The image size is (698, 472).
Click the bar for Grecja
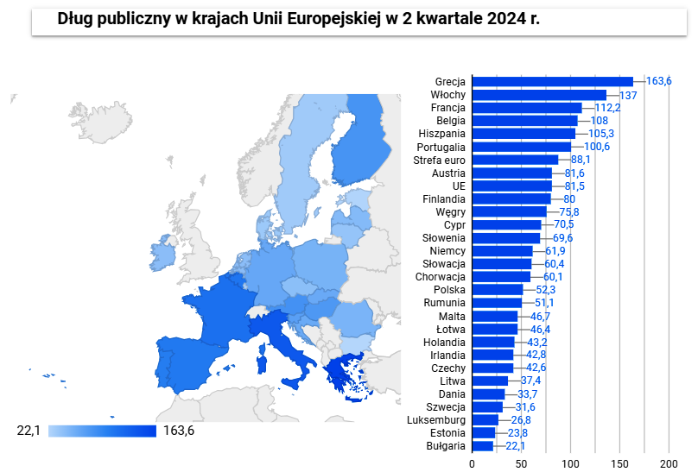pyautogui.click(x=553, y=81)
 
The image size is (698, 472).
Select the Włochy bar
pyautogui.click(x=540, y=94)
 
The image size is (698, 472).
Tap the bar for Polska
pyautogui.click(x=498, y=289)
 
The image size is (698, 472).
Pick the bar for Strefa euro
pyautogui.click(x=516, y=160)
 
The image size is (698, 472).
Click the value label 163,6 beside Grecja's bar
pyautogui.click(x=658, y=81)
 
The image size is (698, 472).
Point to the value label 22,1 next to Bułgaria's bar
pyautogui.click(x=514, y=446)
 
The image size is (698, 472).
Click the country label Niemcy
pyautogui.click(x=447, y=250)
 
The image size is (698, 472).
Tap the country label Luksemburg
pyautogui.click(x=436, y=420)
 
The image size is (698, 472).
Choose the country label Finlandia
pyautogui.click(x=444, y=198)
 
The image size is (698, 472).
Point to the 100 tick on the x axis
pyautogui.click(x=570, y=462)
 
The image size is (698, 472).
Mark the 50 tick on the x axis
pyautogui.click(x=522, y=462)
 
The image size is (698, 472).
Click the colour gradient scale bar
pyautogui.click(x=102, y=431)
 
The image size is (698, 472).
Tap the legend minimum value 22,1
pyautogui.click(x=29, y=431)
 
